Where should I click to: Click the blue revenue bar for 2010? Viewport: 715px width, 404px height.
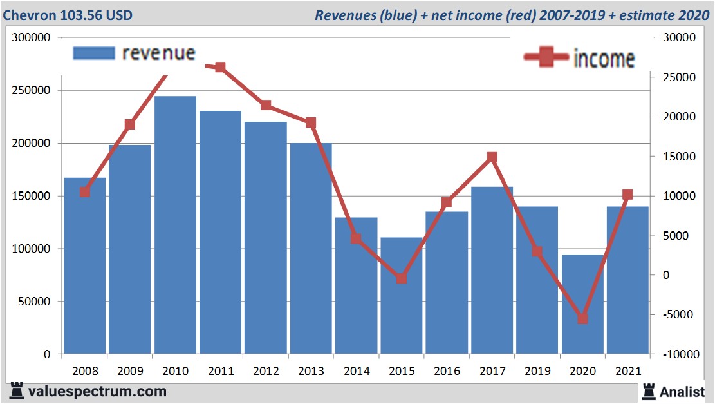pos(175,226)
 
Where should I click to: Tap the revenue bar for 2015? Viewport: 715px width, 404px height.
pos(401,296)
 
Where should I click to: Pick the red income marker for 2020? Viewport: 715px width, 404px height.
pos(582,319)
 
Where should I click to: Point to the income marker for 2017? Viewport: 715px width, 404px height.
pos(492,157)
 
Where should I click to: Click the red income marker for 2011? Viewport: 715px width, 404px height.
pos(220,67)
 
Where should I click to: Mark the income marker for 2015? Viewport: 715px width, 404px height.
pos(402,278)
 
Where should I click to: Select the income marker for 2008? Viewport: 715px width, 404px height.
pos(84,192)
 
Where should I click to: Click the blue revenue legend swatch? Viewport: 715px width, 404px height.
pos(94,53)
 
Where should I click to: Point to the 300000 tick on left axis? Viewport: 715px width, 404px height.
pos(32,38)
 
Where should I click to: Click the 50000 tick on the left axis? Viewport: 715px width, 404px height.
pos(34,302)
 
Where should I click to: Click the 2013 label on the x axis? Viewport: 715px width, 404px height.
pos(311,372)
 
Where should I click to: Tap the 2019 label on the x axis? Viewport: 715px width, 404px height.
pos(537,372)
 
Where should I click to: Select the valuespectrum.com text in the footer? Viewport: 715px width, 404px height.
pos(97,391)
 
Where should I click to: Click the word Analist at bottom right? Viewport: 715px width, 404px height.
pos(683,392)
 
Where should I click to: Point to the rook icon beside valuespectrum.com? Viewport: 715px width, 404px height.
pos(17,391)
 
